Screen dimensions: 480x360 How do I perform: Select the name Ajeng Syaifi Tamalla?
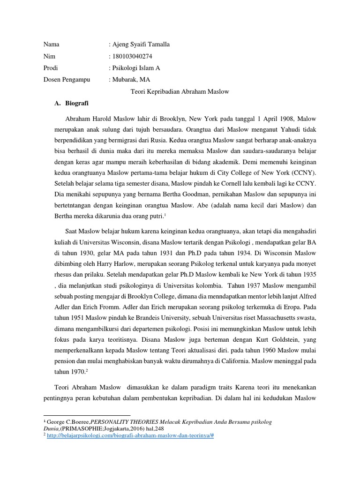[x=141, y=45]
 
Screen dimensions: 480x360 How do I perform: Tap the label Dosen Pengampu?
[x=67, y=80]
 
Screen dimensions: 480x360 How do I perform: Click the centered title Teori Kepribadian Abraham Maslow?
[x=180, y=91]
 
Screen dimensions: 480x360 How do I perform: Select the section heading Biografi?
[x=78, y=103]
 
